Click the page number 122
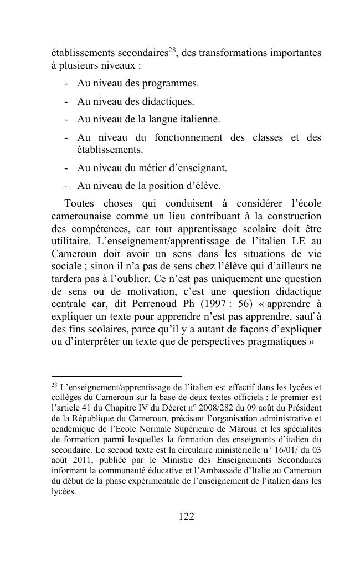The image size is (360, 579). (x=186, y=516)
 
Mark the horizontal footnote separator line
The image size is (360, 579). (x=116, y=376)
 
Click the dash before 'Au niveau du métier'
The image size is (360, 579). (x=66, y=167)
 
